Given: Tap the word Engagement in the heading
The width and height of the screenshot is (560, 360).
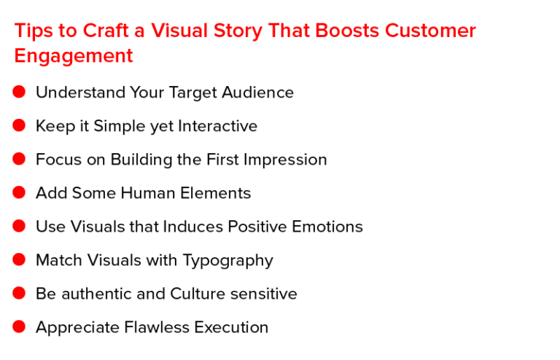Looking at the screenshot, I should click(x=74, y=56).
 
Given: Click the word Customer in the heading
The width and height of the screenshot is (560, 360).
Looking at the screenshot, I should click(x=430, y=31).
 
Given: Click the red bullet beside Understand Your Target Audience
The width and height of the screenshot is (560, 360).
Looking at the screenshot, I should click(x=19, y=92).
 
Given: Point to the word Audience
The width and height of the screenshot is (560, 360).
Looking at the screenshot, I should click(x=257, y=93).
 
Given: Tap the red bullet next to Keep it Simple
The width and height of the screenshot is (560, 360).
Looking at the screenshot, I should click(x=19, y=125).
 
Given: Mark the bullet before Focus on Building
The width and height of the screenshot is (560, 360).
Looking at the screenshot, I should click(x=19, y=159).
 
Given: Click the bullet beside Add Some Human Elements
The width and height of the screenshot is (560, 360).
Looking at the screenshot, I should click(x=19, y=192).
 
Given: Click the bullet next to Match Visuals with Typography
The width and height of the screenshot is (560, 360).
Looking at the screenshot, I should click(x=19, y=259).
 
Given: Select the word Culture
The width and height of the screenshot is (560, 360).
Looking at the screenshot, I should click(x=198, y=294).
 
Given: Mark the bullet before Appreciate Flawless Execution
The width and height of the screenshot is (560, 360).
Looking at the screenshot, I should click(x=19, y=326).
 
